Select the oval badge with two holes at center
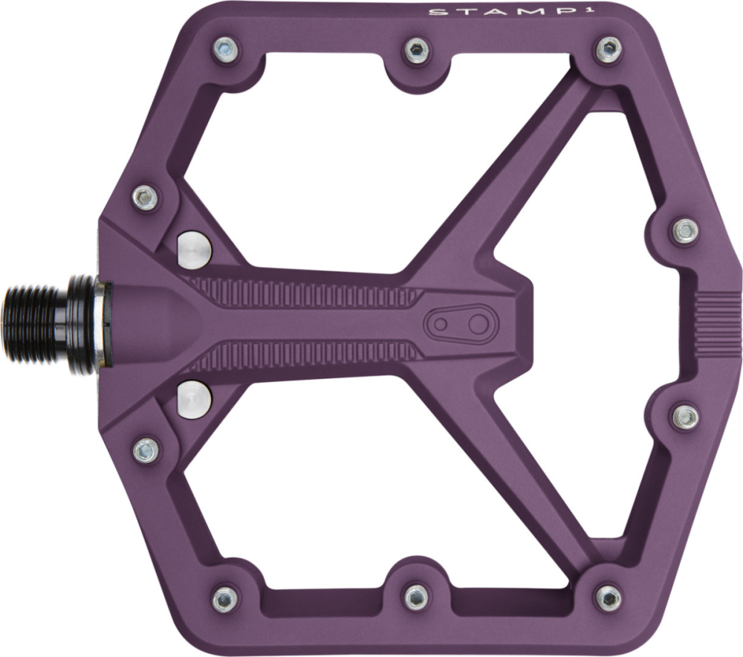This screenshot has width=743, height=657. pos(458,324)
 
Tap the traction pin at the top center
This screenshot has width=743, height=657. pos(416,51)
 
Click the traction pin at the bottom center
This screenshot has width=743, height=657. pos(416,595)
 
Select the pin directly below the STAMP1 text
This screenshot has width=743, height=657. pos(609,51)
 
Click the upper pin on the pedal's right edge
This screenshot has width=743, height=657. pos(684,230)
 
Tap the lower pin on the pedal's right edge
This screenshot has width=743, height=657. pos(684,416)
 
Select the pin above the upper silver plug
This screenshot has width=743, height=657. pos(146,197)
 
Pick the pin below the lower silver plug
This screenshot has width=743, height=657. pos(146,449)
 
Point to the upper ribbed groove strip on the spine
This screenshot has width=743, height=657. pos(305,294)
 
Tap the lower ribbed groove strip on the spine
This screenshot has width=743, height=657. pos(305,354)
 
